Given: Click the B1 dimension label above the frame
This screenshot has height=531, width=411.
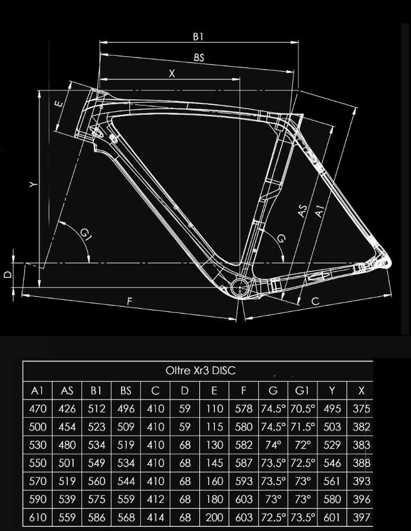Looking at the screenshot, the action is click(x=198, y=37).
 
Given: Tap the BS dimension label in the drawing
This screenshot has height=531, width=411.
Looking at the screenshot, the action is click(x=199, y=57).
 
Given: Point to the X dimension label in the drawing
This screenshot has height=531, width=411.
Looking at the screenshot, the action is click(x=172, y=74).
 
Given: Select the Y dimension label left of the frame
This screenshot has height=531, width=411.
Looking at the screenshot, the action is click(x=33, y=184).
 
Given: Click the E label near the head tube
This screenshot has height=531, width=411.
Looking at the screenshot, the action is click(x=59, y=103).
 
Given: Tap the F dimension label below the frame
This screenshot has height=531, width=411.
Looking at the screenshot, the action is click(x=129, y=301).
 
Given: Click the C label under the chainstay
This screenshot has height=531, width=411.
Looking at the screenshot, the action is click(x=315, y=301).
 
